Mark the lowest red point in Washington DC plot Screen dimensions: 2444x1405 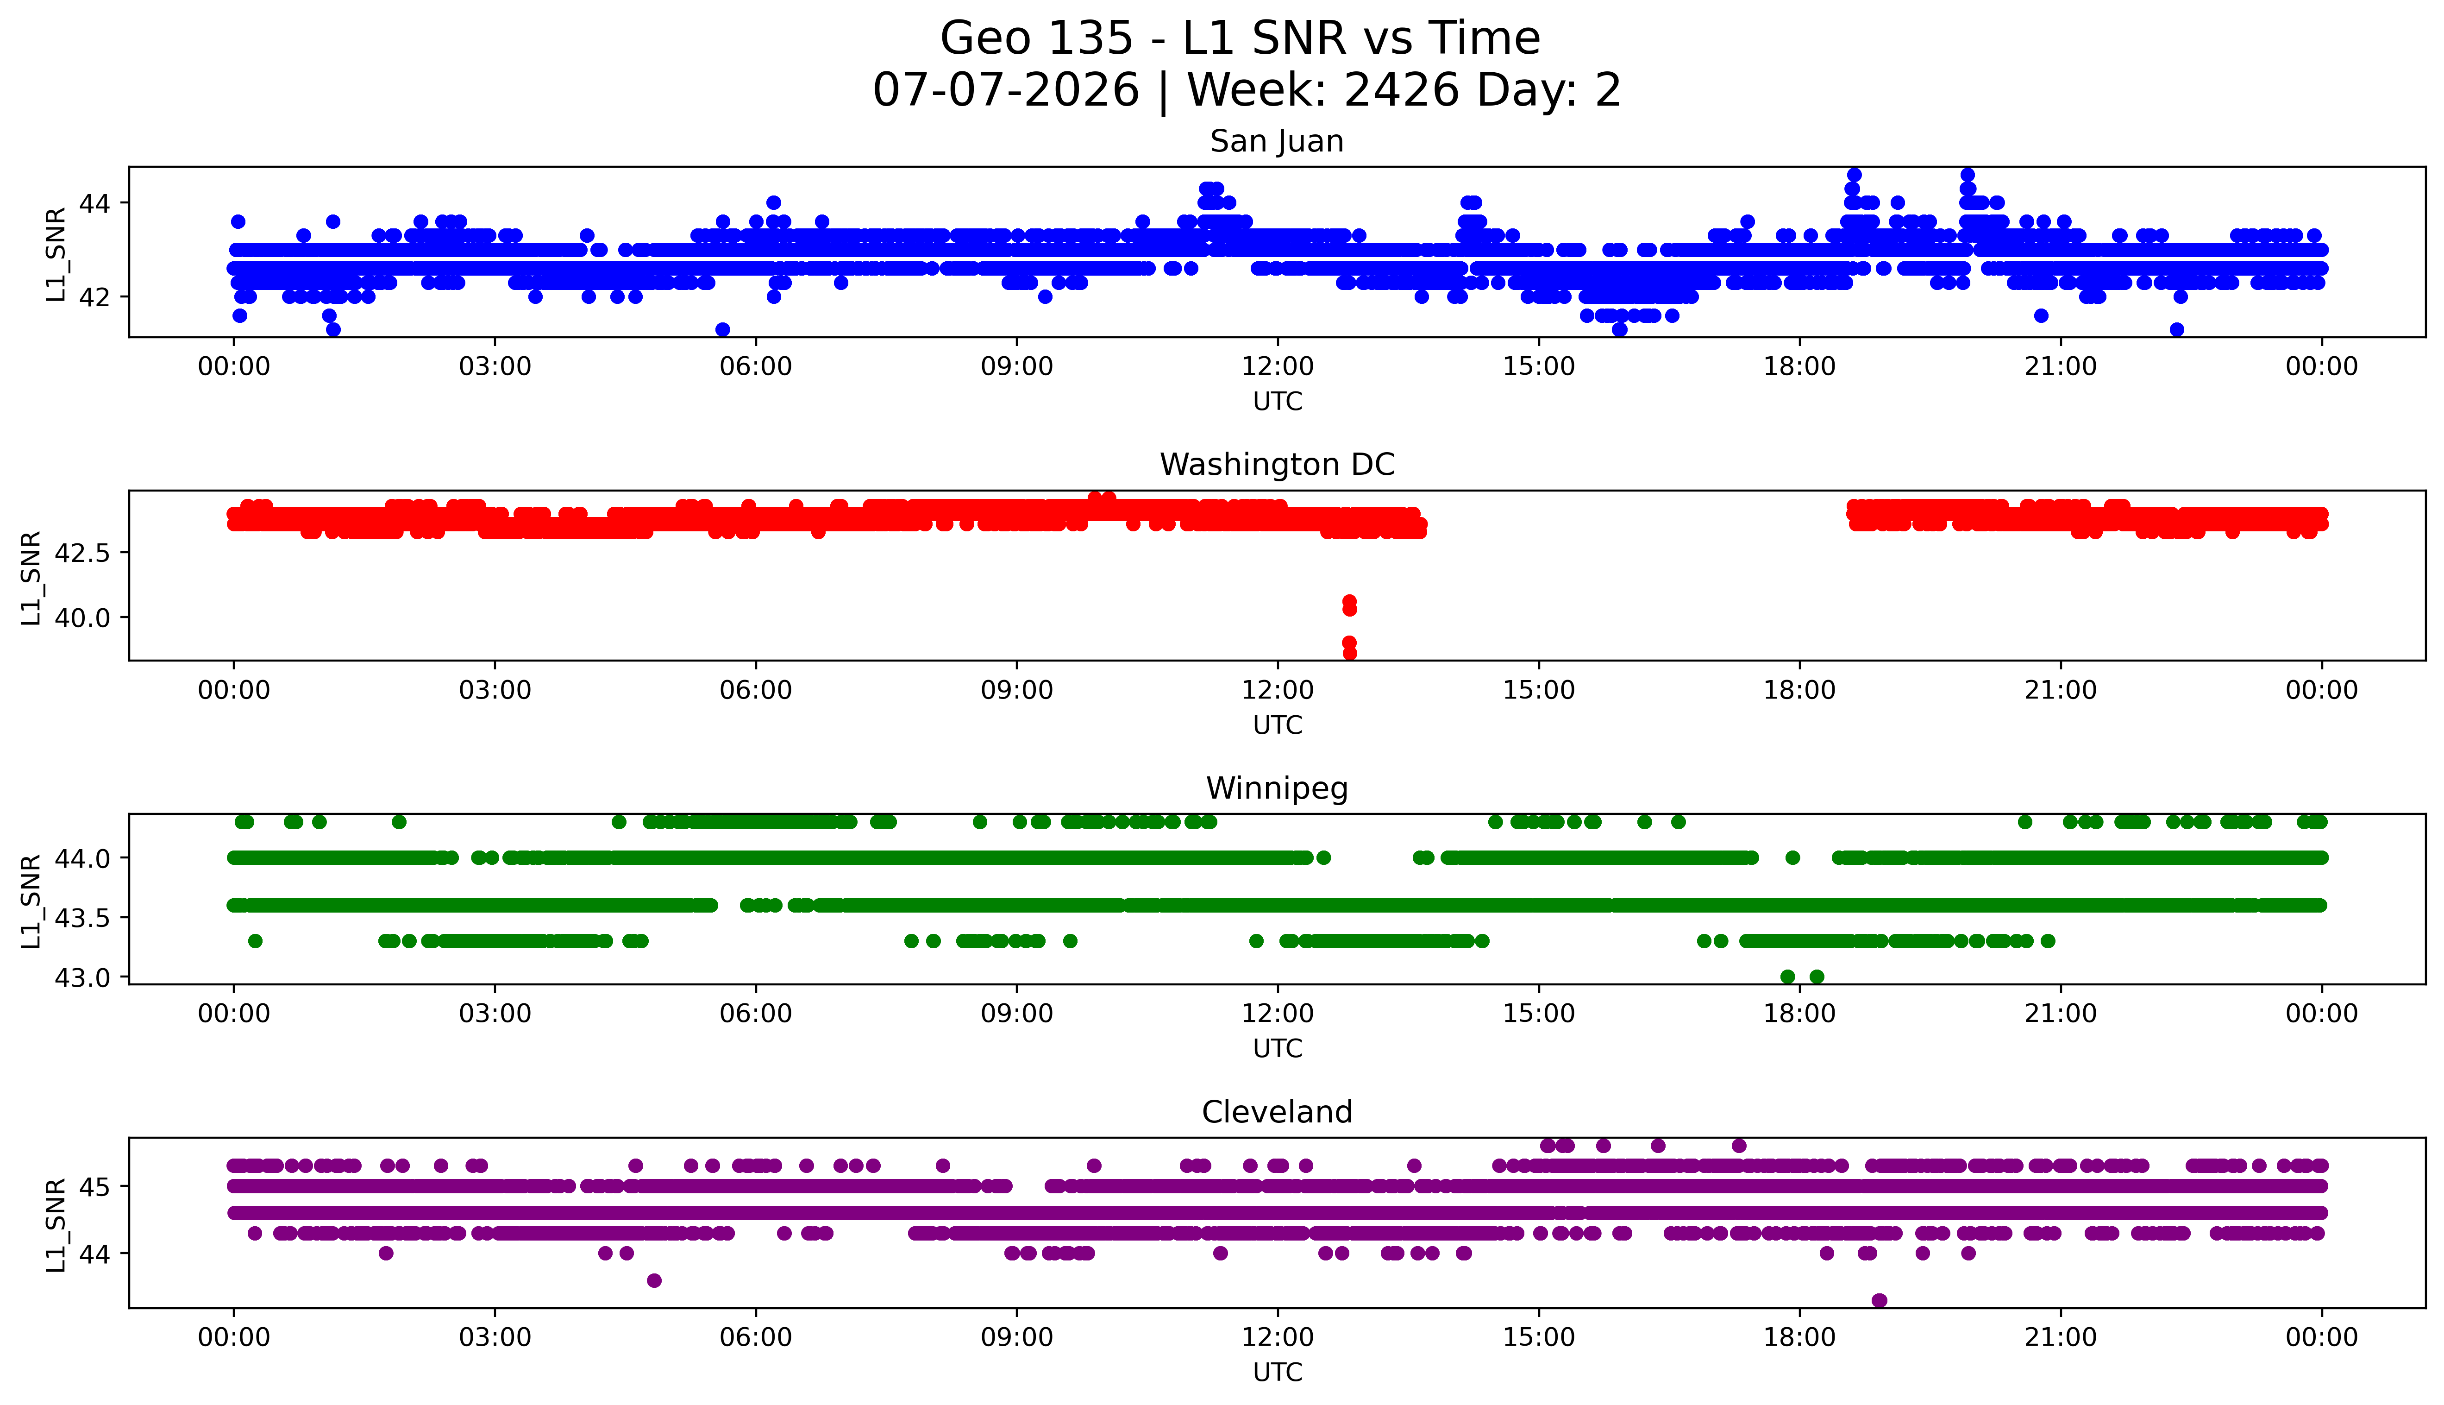[1349, 653]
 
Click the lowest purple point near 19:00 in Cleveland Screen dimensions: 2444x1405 [1879, 1301]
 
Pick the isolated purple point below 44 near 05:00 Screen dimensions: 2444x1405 [654, 1280]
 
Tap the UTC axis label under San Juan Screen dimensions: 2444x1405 [1277, 402]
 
